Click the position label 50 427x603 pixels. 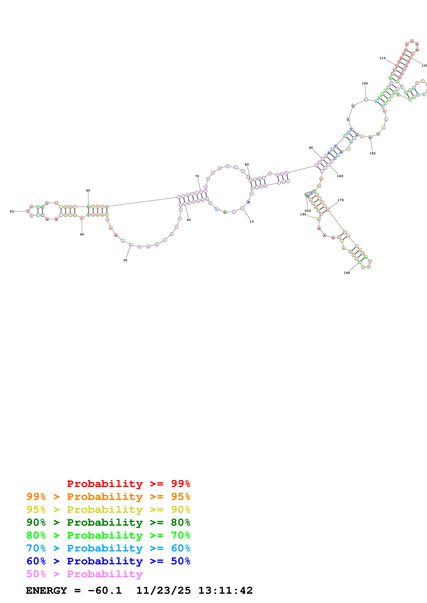pos(12,211)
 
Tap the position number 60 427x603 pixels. pos(88,190)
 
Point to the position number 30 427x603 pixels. pos(125,260)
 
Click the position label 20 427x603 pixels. pos(189,220)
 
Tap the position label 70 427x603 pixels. pos(197,176)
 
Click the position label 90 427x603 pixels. pos(311,148)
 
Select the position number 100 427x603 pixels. pos(365,84)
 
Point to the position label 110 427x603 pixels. pos(382,58)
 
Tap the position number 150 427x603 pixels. pos(373,153)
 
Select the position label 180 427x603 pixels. pos(347,273)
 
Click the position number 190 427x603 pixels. pos(303,214)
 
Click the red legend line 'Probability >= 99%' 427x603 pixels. pos(128,484)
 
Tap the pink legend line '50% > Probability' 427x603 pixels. pos(84,574)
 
